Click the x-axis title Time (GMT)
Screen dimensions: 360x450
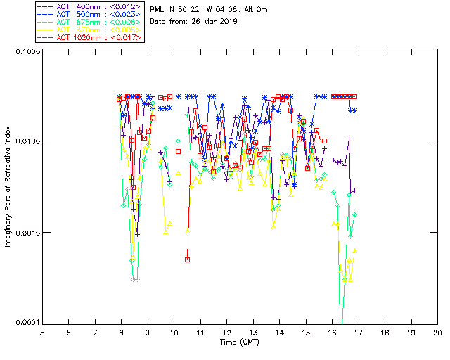[x=239, y=342]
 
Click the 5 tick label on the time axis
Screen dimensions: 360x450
[x=42, y=333]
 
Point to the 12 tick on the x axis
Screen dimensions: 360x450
[x=227, y=333]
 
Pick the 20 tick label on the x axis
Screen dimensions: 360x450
[x=437, y=333]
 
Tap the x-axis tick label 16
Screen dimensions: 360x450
[x=332, y=333]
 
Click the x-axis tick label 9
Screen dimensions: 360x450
[x=148, y=333]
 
